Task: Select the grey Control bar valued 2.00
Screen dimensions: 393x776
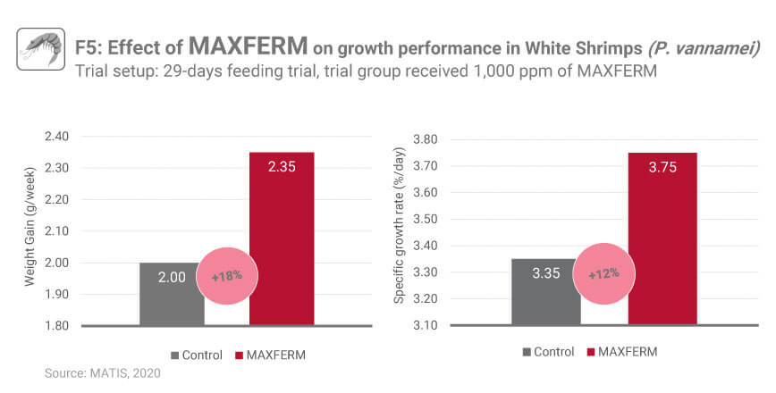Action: click(172, 295)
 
